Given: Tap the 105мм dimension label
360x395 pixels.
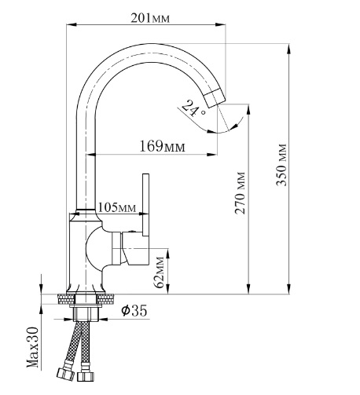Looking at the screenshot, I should click(x=116, y=207).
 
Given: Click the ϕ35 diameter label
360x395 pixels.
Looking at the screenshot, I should click(x=134, y=311).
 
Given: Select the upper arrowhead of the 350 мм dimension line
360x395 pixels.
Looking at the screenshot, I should click(x=289, y=45).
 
